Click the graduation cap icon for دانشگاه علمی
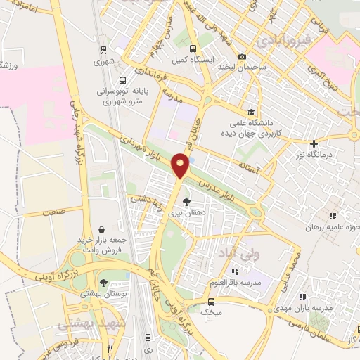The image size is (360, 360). tap(251, 112)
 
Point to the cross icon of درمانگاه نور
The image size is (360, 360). tap(314, 143)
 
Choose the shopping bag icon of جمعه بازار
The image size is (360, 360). tap(103, 229)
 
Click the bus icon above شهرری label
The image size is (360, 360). tap(103, 50)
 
